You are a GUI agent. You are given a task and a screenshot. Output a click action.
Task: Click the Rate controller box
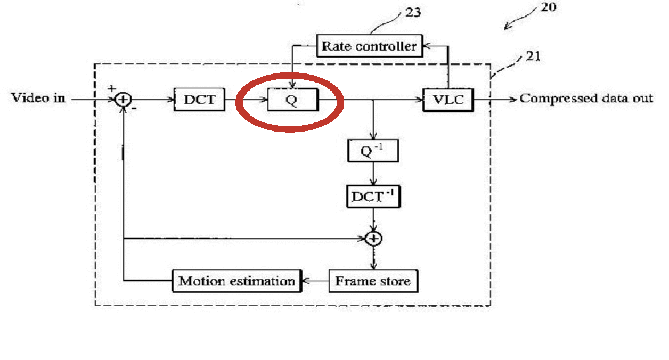tap(370, 46)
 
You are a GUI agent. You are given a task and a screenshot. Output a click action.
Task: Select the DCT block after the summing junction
tap(200, 100)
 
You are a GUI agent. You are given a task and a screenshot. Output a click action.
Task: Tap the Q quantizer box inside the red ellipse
tap(293, 100)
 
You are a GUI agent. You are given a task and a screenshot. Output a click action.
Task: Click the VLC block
tap(448, 100)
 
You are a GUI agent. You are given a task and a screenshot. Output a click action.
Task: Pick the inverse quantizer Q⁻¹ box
tap(373, 151)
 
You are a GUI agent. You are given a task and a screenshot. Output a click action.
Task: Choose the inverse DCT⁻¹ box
tap(373, 197)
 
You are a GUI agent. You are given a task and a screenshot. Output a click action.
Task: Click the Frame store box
tap(373, 281)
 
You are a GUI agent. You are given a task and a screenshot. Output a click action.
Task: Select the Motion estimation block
tap(237, 281)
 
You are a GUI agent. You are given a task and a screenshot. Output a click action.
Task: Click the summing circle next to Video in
tap(123, 100)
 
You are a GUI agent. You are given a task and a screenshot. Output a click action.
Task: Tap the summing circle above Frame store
tap(373, 239)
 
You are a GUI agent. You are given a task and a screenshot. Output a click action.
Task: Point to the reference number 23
tap(413, 12)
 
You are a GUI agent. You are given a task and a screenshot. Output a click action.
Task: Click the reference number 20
tap(548, 7)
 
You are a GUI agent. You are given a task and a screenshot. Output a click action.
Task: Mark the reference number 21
tap(533, 56)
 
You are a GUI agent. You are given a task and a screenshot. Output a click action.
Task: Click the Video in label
tap(38, 97)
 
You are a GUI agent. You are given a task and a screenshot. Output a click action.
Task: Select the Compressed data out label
tap(586, 99)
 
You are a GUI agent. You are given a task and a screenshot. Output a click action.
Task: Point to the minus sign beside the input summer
tap(134, 108)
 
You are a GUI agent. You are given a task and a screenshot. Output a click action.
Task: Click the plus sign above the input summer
tap(112, 88)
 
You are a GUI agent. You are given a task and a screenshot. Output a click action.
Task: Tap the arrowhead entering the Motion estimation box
tap(306, 281)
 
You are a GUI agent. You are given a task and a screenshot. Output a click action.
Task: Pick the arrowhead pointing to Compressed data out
tap(512, 100)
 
